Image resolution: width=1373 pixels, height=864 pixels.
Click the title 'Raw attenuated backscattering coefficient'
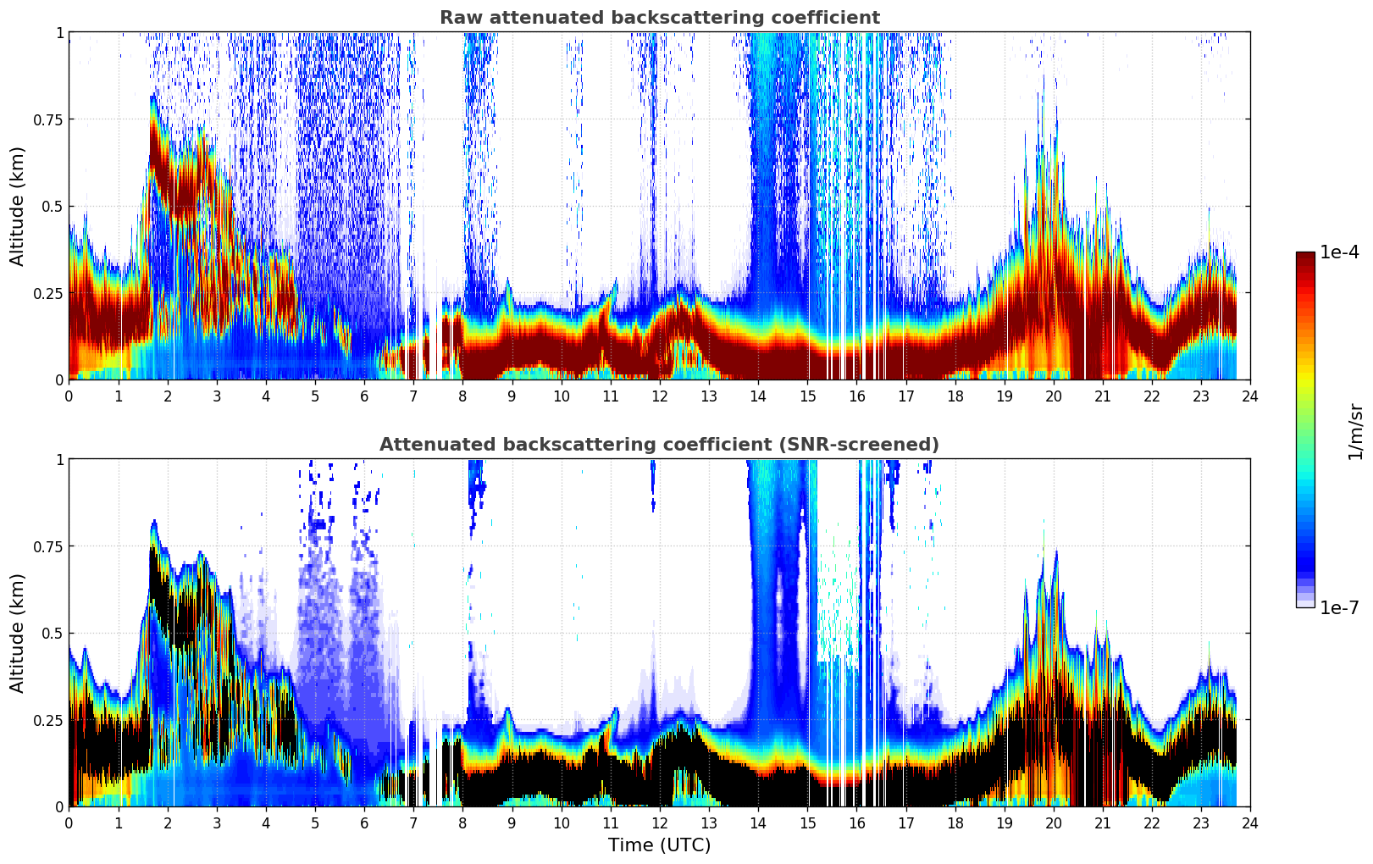(x=659, y=18)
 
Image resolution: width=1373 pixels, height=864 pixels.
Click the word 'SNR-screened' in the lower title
(x=869, y=445)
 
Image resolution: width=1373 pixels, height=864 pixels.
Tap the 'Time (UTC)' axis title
(x=659, y=845)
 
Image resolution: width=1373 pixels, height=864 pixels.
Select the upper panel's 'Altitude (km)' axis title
(x=18, y=206)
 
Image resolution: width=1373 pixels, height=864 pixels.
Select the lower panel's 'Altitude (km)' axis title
(x=18, y=633)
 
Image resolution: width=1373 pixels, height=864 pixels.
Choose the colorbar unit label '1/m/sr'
(x=1355, y=432)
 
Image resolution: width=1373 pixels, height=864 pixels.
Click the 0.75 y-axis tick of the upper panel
(x=48, y=119)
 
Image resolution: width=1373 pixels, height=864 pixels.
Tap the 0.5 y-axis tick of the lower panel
(x=53, y=633)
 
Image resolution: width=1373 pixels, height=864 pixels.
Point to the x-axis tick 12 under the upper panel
(x=659, y=396)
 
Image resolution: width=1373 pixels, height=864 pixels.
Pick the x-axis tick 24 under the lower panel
(x=1249, y=822)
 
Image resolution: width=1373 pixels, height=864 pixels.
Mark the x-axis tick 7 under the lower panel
(x=413, y=822)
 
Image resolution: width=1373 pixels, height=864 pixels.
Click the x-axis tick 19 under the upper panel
(x=1004, y=396)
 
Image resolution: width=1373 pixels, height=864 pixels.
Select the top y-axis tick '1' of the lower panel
(x=59, y=459)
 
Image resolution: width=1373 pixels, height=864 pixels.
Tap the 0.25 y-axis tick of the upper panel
(x=48, y=293)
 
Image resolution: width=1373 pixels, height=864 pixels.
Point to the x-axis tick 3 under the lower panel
(x=217, y=822)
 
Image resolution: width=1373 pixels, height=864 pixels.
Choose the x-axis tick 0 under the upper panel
(x=69, y=396)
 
